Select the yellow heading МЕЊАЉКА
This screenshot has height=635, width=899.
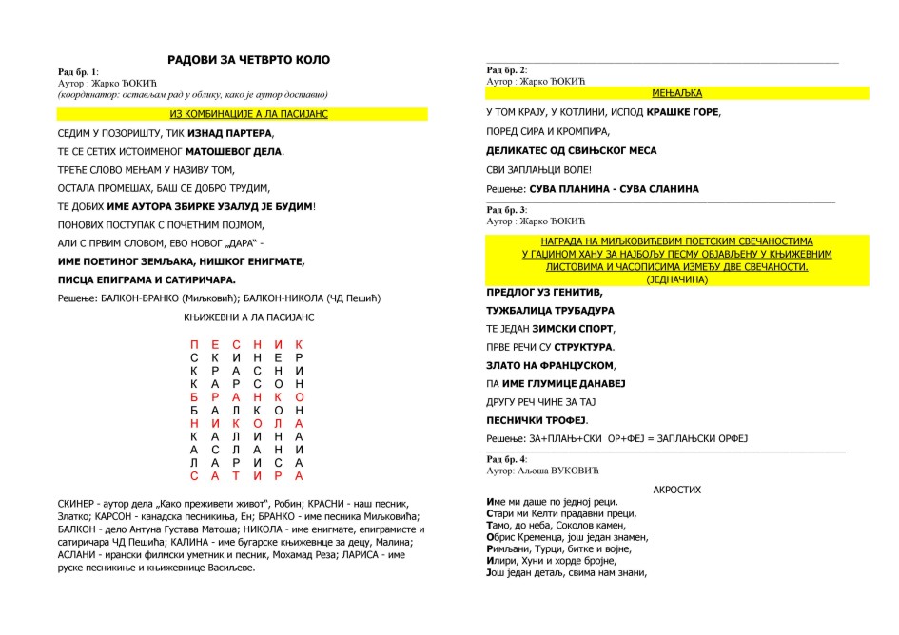[676, 93]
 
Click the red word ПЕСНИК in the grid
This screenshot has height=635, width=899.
[246, 344]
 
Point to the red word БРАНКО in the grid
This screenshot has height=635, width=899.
[246, 396]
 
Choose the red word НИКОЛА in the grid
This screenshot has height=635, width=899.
[246, 423]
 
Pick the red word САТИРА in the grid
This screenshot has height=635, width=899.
[246, 475]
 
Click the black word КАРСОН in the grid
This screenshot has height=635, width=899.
[246, 383]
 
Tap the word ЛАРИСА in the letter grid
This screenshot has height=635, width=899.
[246, 462]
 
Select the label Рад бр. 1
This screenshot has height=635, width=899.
[79, 72]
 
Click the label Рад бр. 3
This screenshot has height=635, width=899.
[507, 210]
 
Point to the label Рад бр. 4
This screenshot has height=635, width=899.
[507, 460]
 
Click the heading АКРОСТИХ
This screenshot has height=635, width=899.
[676, 490]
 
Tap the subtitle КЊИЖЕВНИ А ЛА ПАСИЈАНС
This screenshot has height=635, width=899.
[248, 317]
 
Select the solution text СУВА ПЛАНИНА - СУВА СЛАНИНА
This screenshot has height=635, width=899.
[614, 189]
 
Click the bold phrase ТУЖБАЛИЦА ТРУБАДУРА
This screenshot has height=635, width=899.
[550, 310]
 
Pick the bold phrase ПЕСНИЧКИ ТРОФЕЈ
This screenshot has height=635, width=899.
[537, 419]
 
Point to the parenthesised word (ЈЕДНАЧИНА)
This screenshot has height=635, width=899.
[676, 280]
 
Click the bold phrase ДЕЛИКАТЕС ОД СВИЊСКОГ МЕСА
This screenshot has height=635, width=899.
[571, 150]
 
